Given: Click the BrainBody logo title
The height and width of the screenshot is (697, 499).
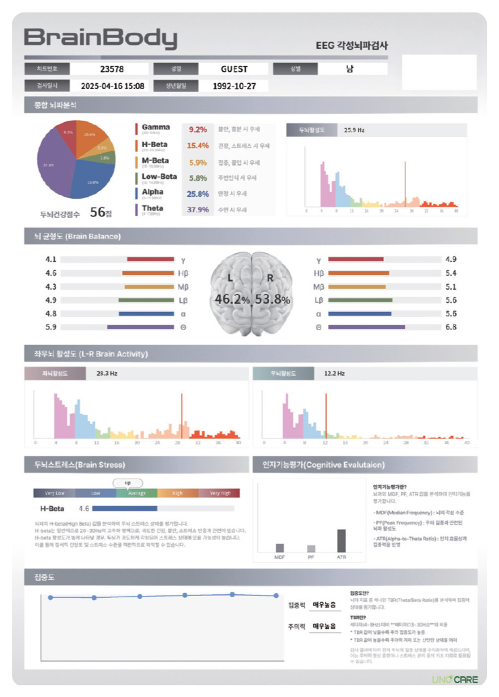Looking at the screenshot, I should coord(100,39).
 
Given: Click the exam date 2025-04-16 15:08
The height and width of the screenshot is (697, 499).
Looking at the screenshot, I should coord(112,86).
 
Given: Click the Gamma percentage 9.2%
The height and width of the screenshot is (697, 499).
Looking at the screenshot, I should coord(197,130).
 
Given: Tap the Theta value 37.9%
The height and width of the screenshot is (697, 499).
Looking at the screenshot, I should coord(197,209).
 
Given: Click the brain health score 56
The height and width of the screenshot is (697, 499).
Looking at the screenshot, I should coord(97,212).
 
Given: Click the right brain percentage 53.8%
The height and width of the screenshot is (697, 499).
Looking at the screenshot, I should coord(273,300).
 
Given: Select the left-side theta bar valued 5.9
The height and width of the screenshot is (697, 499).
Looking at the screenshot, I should coord(140,326).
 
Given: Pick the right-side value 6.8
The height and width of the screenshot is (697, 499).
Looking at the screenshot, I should coord(450,326).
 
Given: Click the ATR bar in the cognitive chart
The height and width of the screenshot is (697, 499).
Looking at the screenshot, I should coord(341,540).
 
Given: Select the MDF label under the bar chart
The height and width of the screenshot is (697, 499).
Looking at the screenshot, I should coord(279,556).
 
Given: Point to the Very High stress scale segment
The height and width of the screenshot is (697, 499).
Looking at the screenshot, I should coord(220,493).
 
